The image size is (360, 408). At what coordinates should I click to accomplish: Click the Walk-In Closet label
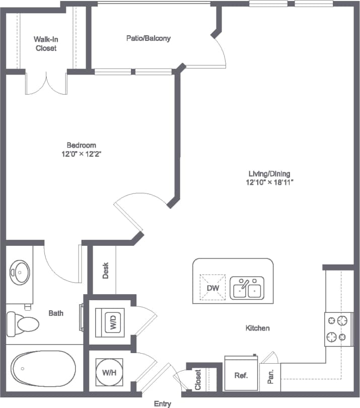pos(45,43)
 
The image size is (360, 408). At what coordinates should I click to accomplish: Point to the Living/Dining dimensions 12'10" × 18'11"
pos(266,182)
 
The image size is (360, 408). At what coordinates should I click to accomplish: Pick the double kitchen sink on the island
pos(247,288)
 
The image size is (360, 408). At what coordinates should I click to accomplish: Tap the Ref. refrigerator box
pos(241,375)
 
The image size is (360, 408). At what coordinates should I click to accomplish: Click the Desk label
pos(106,271)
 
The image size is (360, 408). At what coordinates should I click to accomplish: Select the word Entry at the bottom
pos(163,403)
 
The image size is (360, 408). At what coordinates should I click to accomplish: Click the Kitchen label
pos(257,328)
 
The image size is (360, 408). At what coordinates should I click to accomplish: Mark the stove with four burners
pos(337,329)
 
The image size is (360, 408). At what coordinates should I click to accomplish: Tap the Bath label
pos(56,313)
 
